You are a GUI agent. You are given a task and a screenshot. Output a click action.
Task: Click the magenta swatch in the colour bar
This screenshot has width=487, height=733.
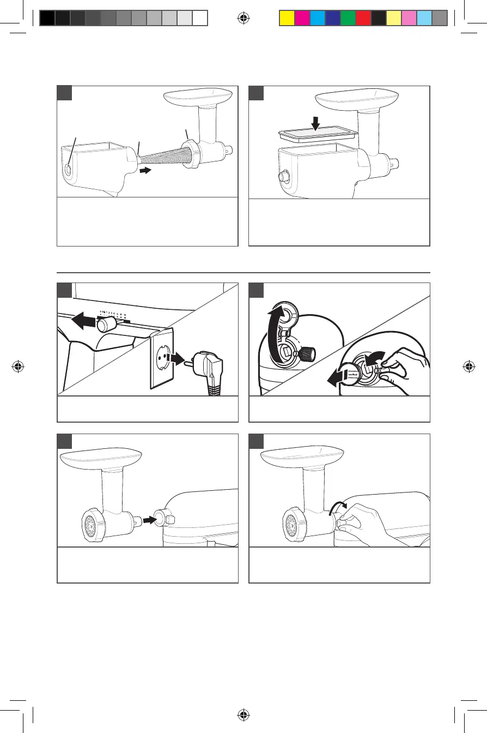tap(302, 19)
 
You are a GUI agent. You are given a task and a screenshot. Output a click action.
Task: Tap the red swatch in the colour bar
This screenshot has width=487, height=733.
tap(363, 19)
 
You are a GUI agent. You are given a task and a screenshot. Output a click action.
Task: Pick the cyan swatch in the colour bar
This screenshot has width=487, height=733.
tap(317, 19)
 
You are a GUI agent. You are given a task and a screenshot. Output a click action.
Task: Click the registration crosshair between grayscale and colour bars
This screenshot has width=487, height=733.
tap(243, 18)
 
